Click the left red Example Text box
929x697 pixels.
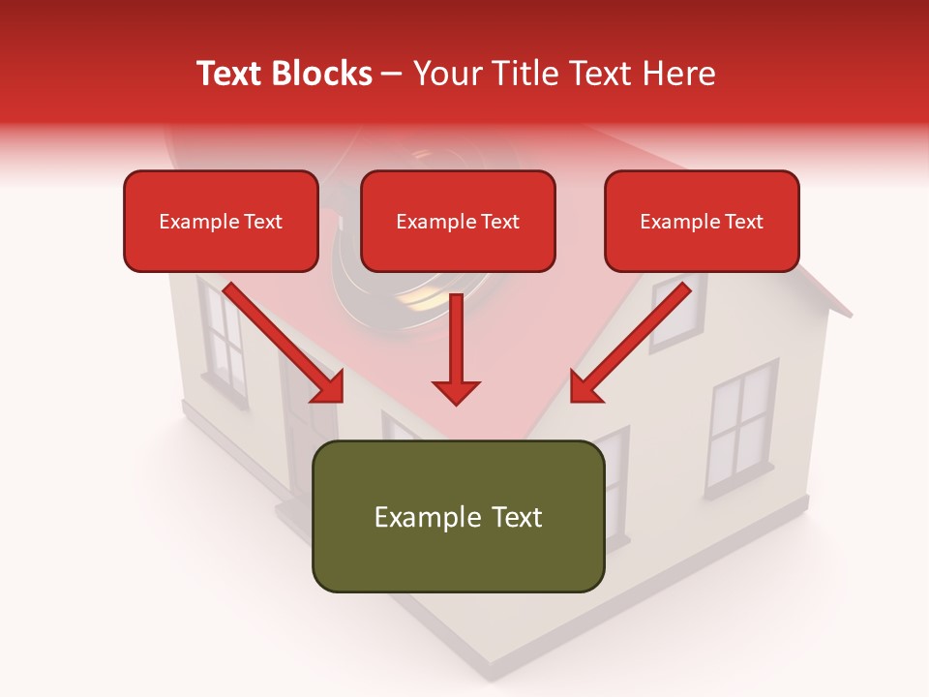click(x=221, y=221)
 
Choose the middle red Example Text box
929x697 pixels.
click(x=458, y=221)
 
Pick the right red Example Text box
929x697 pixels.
click(x=702, y=221)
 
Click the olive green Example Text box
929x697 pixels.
click(x=458, y=516)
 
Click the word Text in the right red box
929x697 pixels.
click(x=743, y=222)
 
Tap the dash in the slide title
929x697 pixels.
click(x=392, y=75)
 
